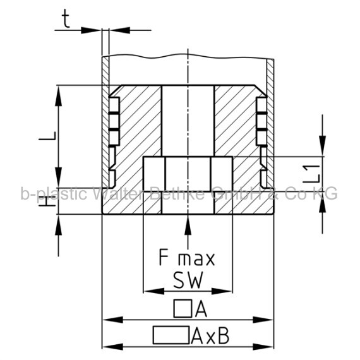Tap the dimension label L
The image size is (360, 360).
point(47,136)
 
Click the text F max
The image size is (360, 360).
point(187,258)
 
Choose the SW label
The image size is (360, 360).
point(188,280)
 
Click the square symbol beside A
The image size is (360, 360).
point(183,309)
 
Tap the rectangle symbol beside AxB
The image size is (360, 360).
point(171,335)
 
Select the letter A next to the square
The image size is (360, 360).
point(201,309)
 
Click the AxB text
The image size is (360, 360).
point(210,335)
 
